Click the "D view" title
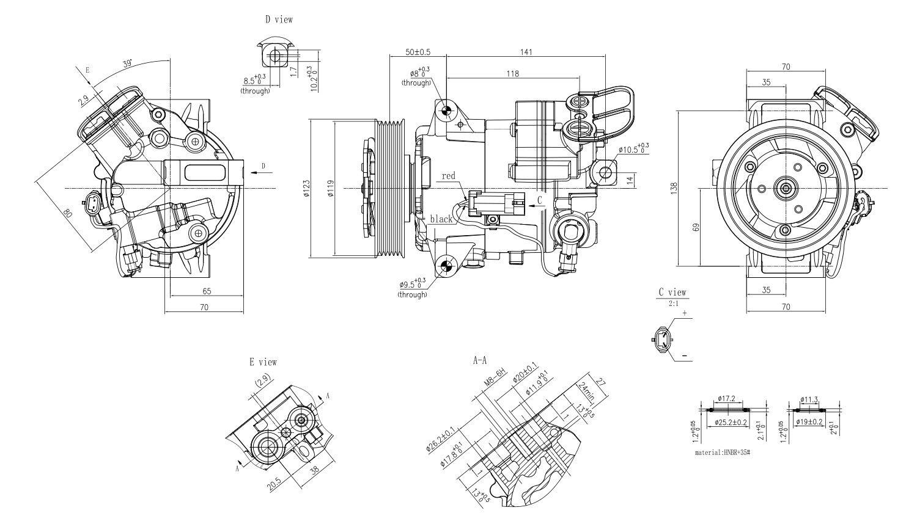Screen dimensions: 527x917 tap(279, 20)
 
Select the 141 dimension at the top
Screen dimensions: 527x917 tap(526, 52)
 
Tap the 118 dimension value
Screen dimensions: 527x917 tap(512, 73)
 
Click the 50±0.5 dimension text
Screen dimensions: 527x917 tap(418, 52)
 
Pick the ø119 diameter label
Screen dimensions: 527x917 tap(330, 189)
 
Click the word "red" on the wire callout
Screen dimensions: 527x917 tap(448, 176)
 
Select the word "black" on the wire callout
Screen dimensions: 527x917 tap(441, 219)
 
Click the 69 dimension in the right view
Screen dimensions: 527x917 tap(696, 227)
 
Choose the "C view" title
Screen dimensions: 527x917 tap(672, 293)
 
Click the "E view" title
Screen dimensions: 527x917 tap(263, 362)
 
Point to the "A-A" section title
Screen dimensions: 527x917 tap(480, 361)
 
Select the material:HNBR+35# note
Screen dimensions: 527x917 tap(722, 453)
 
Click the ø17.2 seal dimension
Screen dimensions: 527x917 tap(726, 400)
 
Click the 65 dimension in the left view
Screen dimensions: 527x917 tap(207, 291)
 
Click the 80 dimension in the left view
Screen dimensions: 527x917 tap(68, 214)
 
